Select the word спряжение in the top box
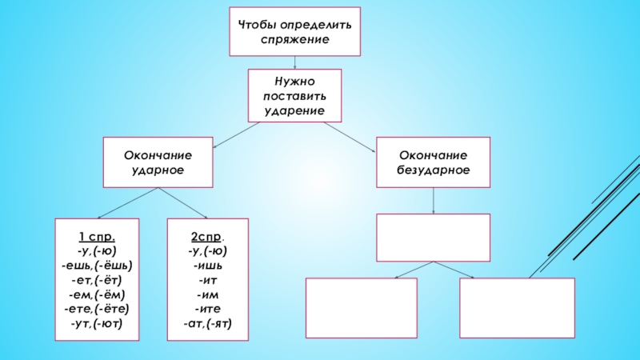click(x=294, y=39)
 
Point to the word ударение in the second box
click(x=294, y=110)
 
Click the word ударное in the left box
click(x=158, y=170)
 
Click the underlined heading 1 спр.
click(x=96, y=238)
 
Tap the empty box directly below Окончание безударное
click(x=433, y=237)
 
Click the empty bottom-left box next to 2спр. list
click(x=362, y=308)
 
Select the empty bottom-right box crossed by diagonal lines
click(x=517, y=308)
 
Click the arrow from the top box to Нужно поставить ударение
click(x=295, y=62)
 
